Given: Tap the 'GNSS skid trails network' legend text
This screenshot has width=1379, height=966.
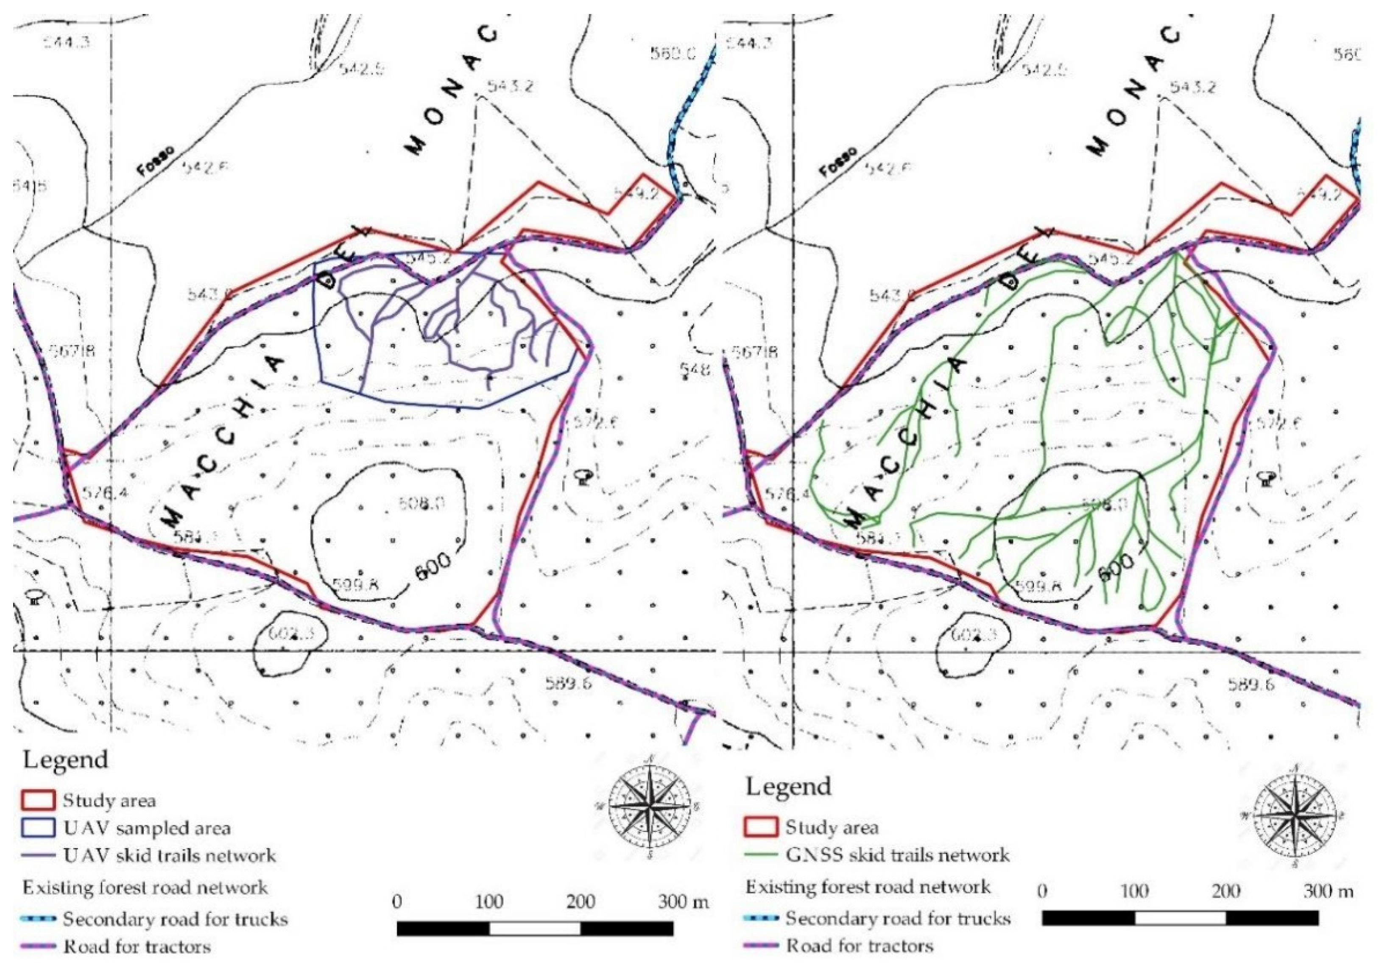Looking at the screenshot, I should pyautogui.click(x=898, y=854).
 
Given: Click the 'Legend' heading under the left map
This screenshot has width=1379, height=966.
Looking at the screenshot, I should pyautogui.click(x=65, y=760).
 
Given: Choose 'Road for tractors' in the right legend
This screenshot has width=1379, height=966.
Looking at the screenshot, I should pyautogui.click(x=860, y=946).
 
